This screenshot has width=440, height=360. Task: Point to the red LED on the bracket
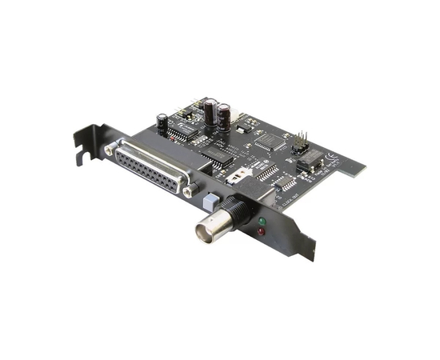coord(261,232)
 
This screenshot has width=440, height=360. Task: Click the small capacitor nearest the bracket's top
coord(162,122)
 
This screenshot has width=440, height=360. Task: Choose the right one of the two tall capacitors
coord(225,116)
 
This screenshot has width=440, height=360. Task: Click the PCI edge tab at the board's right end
coord(351,169)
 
